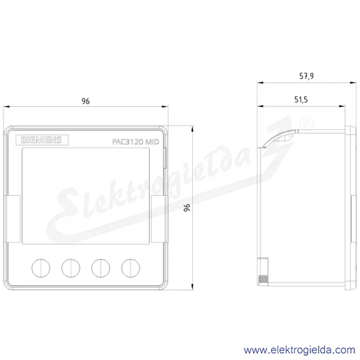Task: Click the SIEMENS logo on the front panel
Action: tap(42, 140)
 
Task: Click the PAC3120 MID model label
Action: tap(136, 142)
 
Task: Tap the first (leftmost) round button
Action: tap(41, 268)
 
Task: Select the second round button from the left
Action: tap(71, 268)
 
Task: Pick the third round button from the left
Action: tap(101, 268)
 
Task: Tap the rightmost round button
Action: tap(131, 268)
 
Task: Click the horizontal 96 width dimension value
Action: tap(85, 101)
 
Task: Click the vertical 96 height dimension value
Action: tap(187, 208)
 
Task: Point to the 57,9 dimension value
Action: tap(306, 76)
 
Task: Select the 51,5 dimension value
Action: tap(301, 100)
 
